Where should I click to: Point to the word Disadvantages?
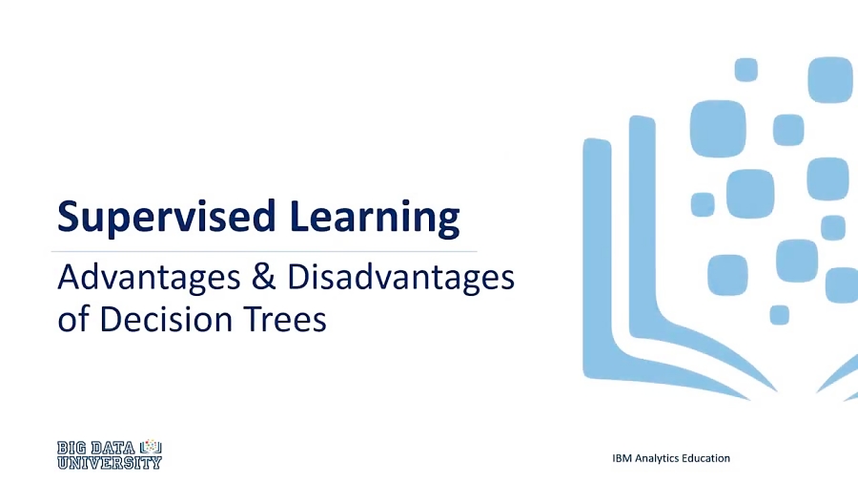point(400,278)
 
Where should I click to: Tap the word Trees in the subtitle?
point(291,318)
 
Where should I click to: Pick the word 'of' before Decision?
point(71,318)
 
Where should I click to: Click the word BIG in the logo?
point(73,447)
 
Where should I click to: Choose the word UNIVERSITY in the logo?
point(109,463)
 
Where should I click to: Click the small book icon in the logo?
point(151,447)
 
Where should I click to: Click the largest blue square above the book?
point(718,128)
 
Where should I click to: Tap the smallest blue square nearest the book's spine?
point(779,314)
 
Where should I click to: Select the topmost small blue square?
point(746,70)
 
